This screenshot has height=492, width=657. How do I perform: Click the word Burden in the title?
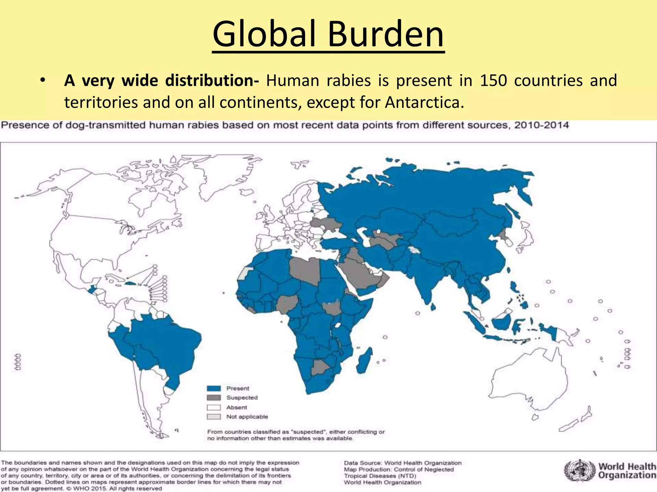(x=386, y=34)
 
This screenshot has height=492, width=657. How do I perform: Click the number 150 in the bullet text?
(x=493, y=80)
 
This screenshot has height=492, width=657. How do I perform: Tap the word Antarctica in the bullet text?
(x=424, y=102)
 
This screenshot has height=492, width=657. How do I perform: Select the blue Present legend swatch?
(x=214, y=389)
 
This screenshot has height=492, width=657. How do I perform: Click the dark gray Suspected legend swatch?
(x=214, y=398)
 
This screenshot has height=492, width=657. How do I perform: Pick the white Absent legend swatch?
(x=214, y=407)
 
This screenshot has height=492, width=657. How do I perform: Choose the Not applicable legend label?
(x=247, y=417)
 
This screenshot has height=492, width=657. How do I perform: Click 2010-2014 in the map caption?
(x=542, y=125)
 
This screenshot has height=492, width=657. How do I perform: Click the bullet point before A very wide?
(x=42, y=80)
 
